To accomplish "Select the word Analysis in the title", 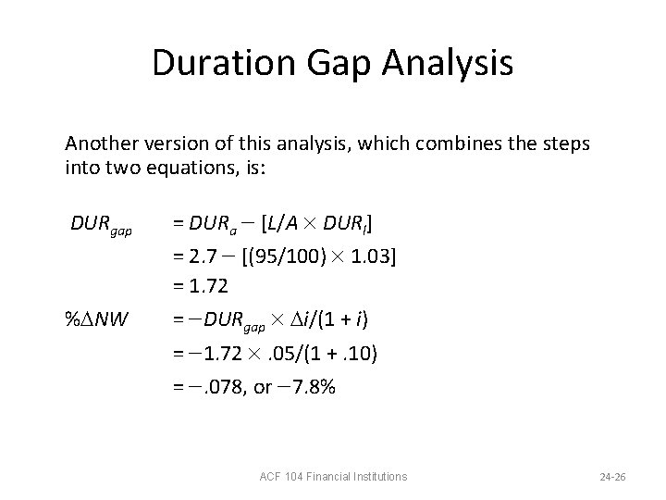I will pyautogui.click(x=457, y=63).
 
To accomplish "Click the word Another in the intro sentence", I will pyautogui.click(x=100, y=145).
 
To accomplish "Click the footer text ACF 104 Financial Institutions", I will pyautogui.click(x=333, y=477).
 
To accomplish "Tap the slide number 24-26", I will pyautogui.click(x=612, y=477).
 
